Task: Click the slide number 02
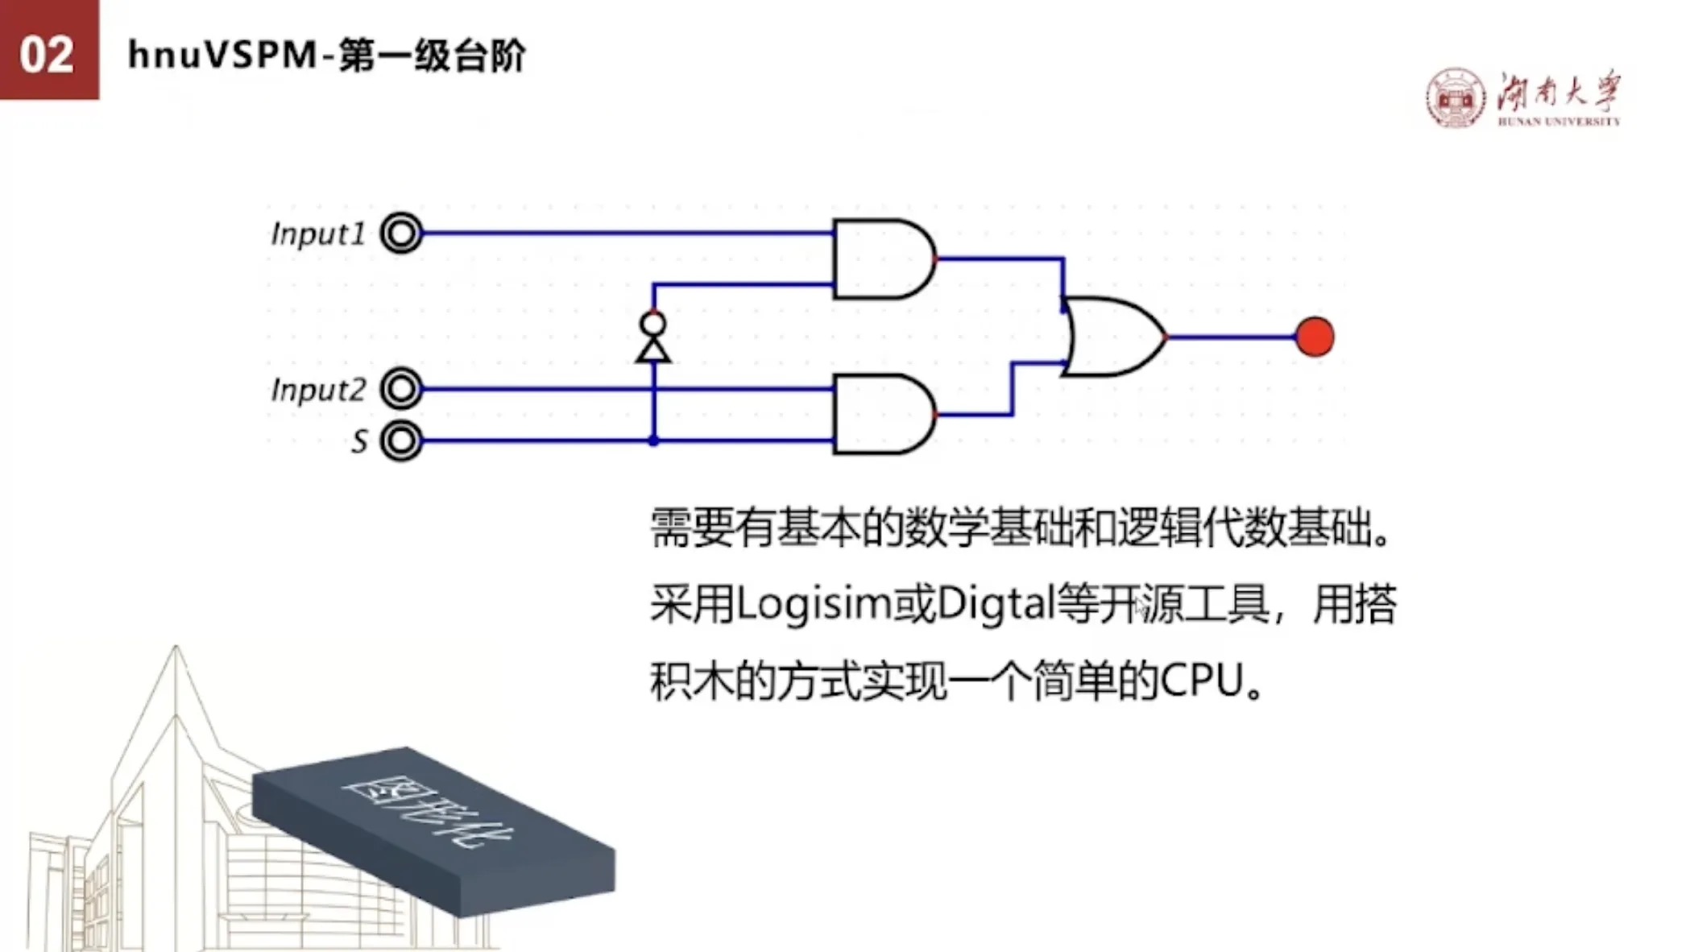47,56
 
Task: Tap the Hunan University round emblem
1455,98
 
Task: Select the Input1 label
318,234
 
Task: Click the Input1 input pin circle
401,234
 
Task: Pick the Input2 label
318,390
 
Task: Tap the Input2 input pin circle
401,389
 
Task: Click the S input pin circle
401,441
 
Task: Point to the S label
359,441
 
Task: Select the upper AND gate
884,259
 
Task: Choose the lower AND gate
884,414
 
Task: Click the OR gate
1114,337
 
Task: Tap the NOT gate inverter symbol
653,337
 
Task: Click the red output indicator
1315,337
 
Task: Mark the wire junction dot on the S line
653,441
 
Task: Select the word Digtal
996,605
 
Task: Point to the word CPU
1202,681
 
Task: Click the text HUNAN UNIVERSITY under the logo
1559,122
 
